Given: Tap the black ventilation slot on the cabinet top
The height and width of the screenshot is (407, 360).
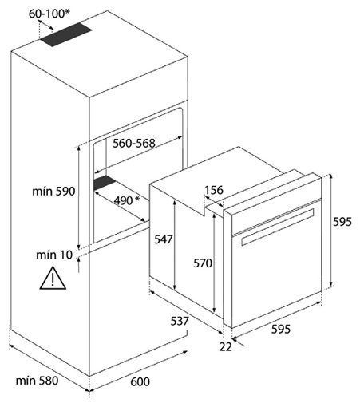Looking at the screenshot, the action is pos(66,34).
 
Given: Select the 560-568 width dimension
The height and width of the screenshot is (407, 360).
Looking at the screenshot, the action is pos(134,144).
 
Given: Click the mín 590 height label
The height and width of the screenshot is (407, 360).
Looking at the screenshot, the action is pos(53,192).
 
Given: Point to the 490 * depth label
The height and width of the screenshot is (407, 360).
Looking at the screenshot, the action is pos(127,200).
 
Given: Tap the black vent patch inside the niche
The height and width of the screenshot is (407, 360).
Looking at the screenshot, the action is pos(105,183).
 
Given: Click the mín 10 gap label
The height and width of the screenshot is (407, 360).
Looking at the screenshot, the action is pos(54,255).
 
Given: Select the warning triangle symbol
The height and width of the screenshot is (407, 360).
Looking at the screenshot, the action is pos(53,278).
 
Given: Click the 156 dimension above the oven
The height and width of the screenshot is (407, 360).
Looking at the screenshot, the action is pos(214,190).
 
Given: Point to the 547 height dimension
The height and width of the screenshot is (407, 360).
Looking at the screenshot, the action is pos(164,239).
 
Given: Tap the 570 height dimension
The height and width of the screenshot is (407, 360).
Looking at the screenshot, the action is pos(203,263).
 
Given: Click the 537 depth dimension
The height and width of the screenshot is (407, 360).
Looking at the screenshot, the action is pos(180,321).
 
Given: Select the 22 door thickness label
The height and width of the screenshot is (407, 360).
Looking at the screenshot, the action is pos(225,346).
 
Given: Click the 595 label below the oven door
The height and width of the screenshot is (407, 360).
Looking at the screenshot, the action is pos(281,330).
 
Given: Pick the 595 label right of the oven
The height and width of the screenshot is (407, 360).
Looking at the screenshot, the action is pos(342,222).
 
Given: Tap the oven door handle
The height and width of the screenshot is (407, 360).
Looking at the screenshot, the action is pos(278,227).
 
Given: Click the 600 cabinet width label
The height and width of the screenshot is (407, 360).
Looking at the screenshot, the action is pos(140,381).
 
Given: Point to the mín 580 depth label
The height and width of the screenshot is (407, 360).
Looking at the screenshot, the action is pos(37,381).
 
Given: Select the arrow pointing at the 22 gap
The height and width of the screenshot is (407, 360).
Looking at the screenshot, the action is pos(239,342).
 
